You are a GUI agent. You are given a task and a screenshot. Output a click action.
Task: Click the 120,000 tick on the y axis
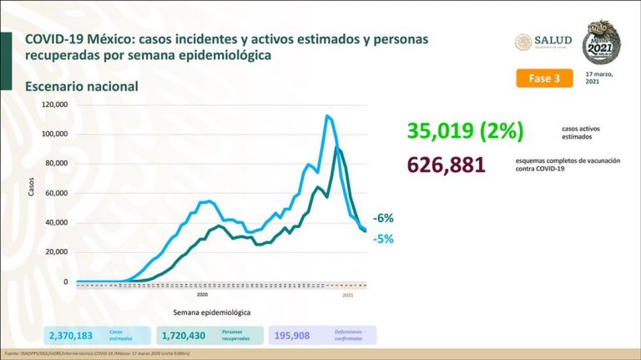click(x=55, y=104)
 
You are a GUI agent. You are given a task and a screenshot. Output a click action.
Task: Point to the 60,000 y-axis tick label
click(x=58, y=193)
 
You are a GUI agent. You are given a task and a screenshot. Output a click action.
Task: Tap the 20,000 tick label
click(x=58, y=252)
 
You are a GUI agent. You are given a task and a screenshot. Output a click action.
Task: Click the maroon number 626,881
click(x=446, y=165)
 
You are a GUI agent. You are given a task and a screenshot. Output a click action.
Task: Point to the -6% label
click(x=383, y=219)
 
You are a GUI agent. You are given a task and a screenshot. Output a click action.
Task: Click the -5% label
click(x=383, y=238)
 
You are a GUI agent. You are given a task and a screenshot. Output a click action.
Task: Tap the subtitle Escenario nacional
click(x=81, y=86)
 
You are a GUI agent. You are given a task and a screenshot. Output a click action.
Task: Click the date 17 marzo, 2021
click(x=599, y=78)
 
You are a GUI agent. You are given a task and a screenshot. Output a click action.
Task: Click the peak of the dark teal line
click(x=336, y=148)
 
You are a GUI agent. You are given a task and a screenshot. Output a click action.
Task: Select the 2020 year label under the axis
click(x=202, y=295)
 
